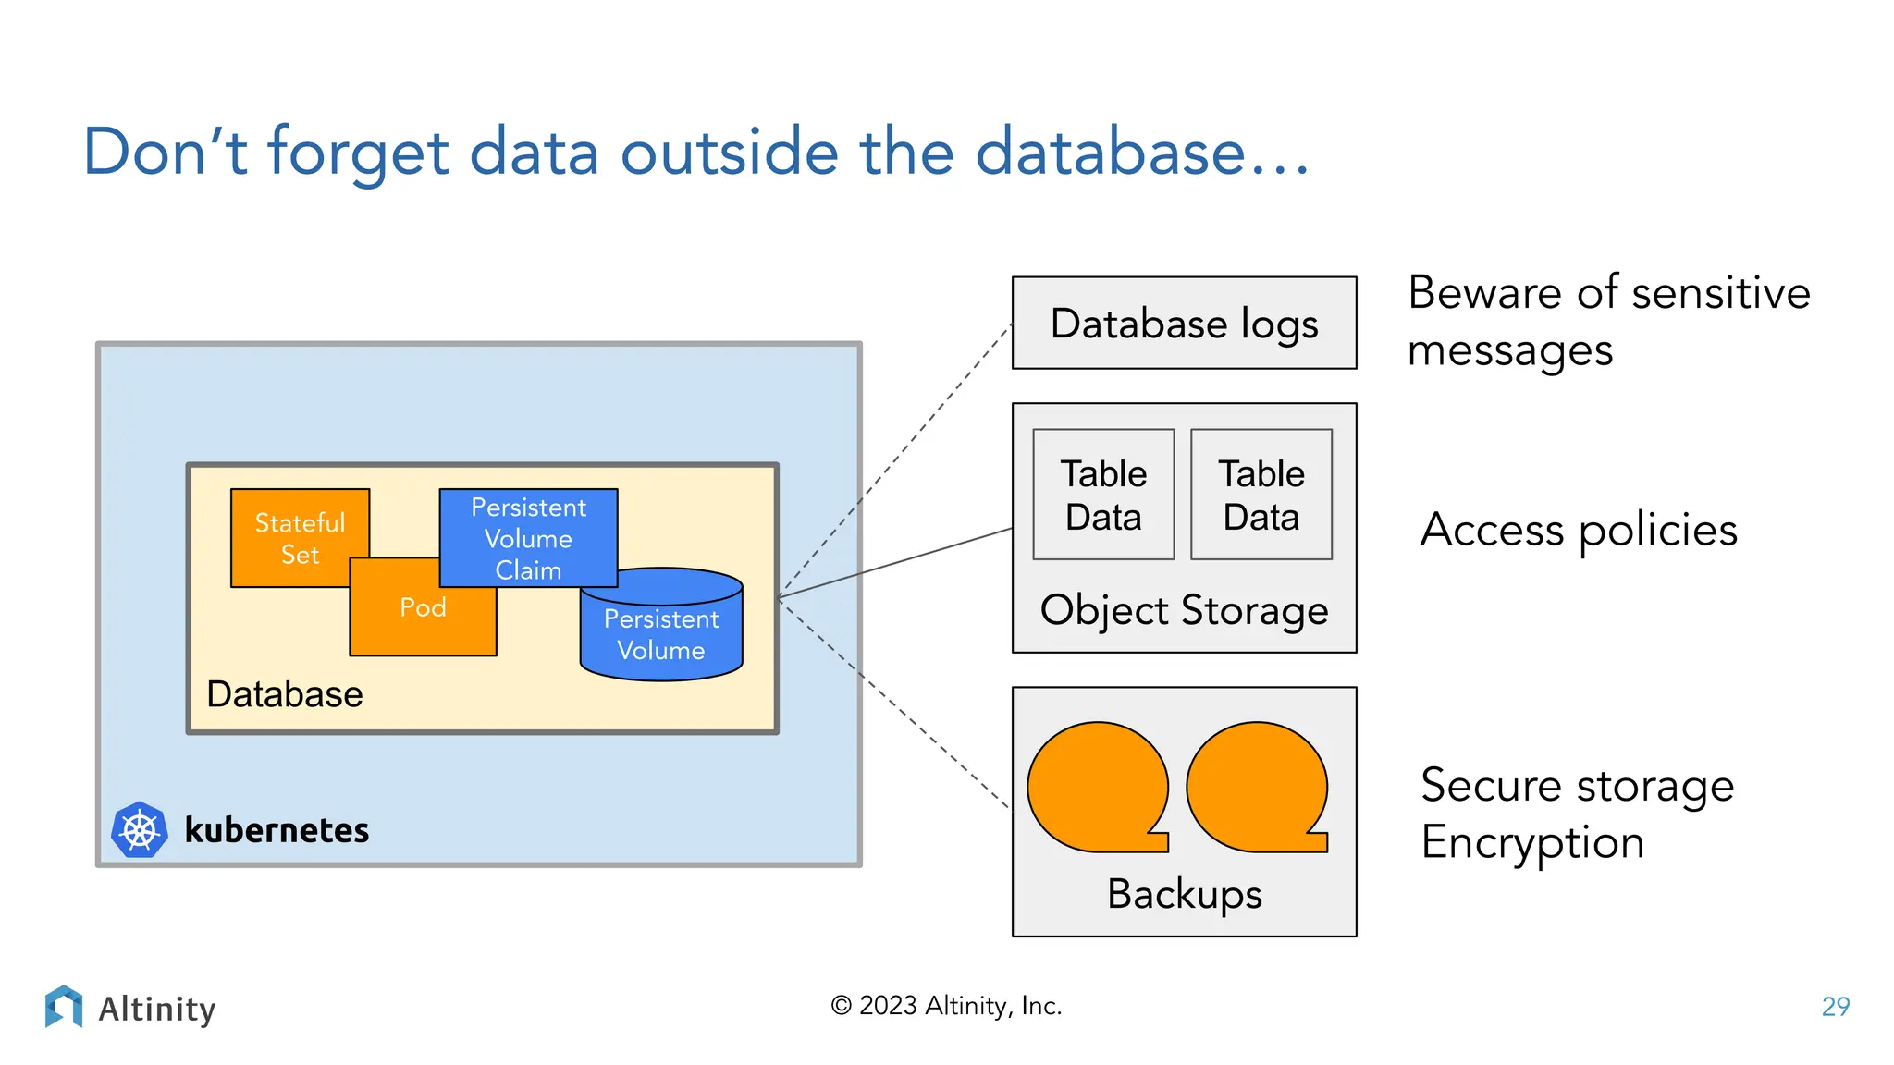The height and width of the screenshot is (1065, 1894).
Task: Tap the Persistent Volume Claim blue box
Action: tap(528, 537)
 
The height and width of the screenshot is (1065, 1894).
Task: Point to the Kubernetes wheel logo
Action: tap(140, 829)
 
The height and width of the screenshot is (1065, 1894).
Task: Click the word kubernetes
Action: tap(277, 829)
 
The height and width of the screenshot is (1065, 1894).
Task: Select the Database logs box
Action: tap(1184, 324)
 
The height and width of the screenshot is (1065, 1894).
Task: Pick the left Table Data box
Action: tap(1103, 495)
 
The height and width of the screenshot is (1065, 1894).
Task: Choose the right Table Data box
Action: tap(1261, 495)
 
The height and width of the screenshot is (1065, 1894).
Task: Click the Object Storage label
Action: tap(1184, 610)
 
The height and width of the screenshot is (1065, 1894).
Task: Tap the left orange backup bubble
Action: tap(1098, 787)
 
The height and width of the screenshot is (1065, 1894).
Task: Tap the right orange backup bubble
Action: tap(1256, 787)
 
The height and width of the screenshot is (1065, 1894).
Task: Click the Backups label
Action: tap(1184, 894)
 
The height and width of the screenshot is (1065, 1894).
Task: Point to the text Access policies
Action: tap(1579, 530)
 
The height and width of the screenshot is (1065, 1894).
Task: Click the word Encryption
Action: tap(1532, 842)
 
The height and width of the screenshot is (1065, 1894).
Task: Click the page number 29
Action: tap(1835, 1006)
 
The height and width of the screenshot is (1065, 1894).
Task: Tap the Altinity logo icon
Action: tap(63, 1007)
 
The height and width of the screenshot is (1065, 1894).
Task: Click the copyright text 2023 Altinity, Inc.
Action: tap(946, 1006)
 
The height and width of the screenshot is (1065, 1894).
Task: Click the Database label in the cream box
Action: tap(284, 694)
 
